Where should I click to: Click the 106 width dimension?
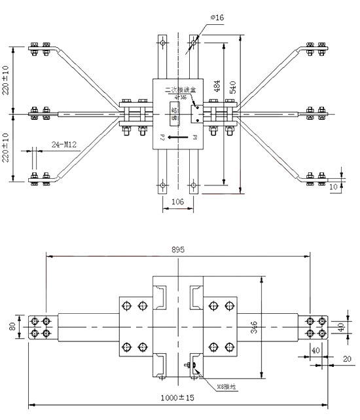coord(177,203)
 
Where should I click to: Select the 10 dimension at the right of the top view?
coord(334,187)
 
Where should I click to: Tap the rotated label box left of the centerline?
coord(174,112)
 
